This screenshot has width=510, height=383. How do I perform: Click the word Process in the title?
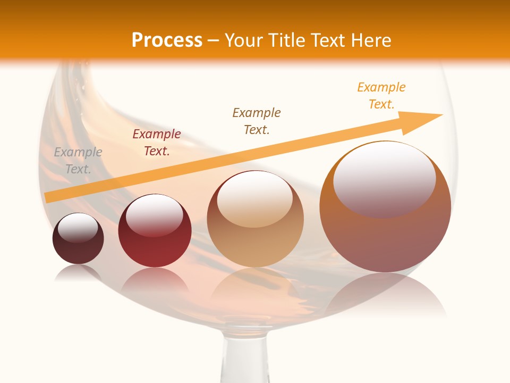(x=167, y=40)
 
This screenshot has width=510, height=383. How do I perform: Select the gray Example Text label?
(x=78, y=161)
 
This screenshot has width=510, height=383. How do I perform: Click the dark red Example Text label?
(x=157, y=143)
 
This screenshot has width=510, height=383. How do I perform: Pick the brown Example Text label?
(x=257, y=121)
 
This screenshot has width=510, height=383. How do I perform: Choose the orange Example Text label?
(x=381, y=96)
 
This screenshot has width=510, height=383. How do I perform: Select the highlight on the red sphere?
(x=155, y=215)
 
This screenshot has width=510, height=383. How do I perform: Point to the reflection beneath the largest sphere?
(x=385, y=295)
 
